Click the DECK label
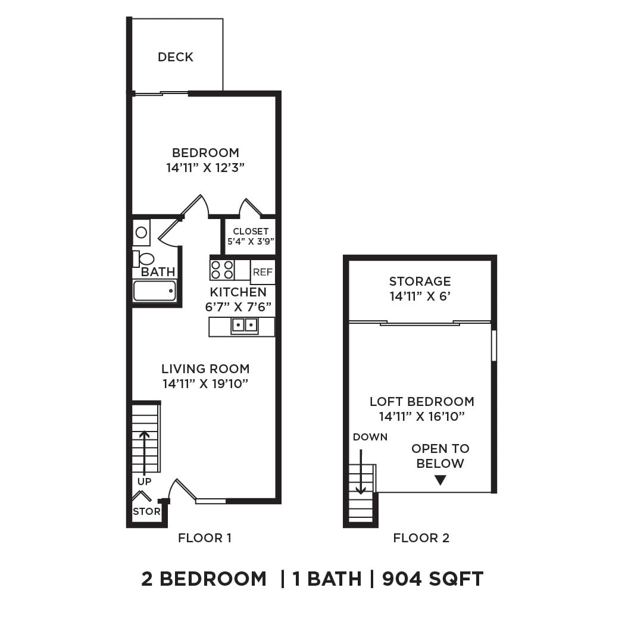[176, 57]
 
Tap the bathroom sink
[141, 232]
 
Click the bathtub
[154, 291]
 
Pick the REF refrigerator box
[262, 272]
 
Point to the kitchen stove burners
[221, 270]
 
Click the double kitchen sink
[245, 325]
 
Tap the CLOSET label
[251, 231]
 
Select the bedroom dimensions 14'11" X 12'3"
[205, 168]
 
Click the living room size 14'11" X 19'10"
[205, 384]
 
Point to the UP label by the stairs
[145, 482]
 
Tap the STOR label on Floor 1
[146, 511]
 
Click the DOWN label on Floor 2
[370, 437]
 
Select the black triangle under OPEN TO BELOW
[440, 480]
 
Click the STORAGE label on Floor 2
[420, 281]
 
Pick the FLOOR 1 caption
[205, 538]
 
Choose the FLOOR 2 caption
[421, 538]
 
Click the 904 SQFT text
[433, 579]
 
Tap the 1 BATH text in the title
[327, 579]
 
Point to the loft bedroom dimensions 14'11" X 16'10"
[421, 417]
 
